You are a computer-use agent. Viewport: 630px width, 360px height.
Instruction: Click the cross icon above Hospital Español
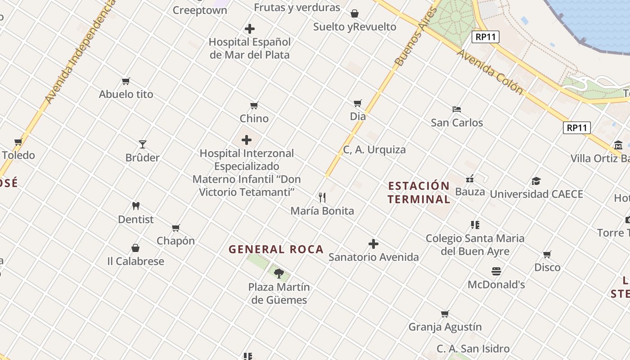[249, 29]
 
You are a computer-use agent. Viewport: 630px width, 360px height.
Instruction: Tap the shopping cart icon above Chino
[254, 106]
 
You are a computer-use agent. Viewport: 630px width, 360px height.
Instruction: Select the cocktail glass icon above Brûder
[143, 144]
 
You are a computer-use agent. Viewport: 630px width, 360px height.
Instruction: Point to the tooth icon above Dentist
[136, 206]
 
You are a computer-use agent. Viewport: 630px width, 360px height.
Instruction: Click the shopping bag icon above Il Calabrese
[135, 248]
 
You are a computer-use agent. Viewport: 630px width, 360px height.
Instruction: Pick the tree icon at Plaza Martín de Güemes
[279, 273]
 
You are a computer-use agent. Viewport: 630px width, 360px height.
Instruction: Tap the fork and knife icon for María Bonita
[322, 198]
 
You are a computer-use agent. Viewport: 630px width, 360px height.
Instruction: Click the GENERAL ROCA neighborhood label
[276, 249]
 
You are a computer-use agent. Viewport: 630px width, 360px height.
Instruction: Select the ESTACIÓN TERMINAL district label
[419, 193]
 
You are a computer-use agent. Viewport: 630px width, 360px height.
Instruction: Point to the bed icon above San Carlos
[457, 109]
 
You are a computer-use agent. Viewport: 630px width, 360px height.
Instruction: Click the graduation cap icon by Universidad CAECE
[536, 181]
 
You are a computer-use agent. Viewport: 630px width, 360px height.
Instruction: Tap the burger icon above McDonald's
[496, 271]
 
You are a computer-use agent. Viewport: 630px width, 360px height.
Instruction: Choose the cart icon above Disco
[547, 255]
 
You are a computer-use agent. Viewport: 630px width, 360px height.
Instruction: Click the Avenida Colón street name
[490, 72]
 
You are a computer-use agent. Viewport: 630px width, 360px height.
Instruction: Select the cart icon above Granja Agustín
[445, 314]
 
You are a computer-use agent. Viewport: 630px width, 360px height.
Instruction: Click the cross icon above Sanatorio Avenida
[373, 244]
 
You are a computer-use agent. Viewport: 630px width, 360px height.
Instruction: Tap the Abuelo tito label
[126, 94]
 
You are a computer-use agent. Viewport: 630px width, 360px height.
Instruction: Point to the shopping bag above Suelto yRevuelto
[355, 13]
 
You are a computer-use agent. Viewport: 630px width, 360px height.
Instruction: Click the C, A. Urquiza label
[374, 150]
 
